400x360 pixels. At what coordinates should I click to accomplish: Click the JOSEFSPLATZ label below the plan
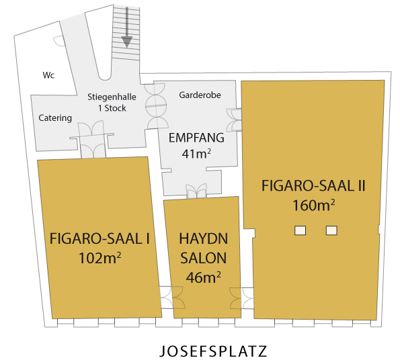(x=213, y=351)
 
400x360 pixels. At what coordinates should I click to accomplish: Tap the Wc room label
(x=48, y=75)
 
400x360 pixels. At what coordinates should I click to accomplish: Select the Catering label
(x=55, y=118)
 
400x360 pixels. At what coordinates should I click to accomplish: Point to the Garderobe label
(x=200, y=95)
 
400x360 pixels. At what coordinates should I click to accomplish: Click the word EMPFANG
(x=196, y=138)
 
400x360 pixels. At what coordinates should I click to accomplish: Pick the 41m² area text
(x=196, y=154)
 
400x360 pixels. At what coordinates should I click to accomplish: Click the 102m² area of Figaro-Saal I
(x=99, y=258)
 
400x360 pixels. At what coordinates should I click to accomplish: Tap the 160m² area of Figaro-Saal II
(x=313, y=205)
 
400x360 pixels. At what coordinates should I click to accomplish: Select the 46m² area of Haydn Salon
(x=203, y=277)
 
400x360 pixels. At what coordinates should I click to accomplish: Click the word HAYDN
(x=203, y=238)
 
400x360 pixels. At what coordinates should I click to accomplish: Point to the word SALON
(x=203, y=258)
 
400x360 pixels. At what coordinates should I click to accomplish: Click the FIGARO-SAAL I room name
(x=99, y=238)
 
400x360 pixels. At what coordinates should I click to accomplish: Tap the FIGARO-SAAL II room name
(x=313, y=185)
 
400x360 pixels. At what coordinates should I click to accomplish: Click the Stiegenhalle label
(x=112, y=97)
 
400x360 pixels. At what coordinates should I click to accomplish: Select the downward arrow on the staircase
(x=127, y=28)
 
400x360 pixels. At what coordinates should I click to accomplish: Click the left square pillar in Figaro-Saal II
(x=301, y=230)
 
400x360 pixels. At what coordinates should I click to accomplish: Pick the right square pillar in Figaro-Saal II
(x=331, y=230)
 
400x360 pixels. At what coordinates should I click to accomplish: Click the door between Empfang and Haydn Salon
(x=196, y=191)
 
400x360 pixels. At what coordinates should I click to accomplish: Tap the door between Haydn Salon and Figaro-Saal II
(x=241, y=298)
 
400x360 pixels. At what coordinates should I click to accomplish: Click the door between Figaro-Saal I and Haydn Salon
(x=172, y=298)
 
